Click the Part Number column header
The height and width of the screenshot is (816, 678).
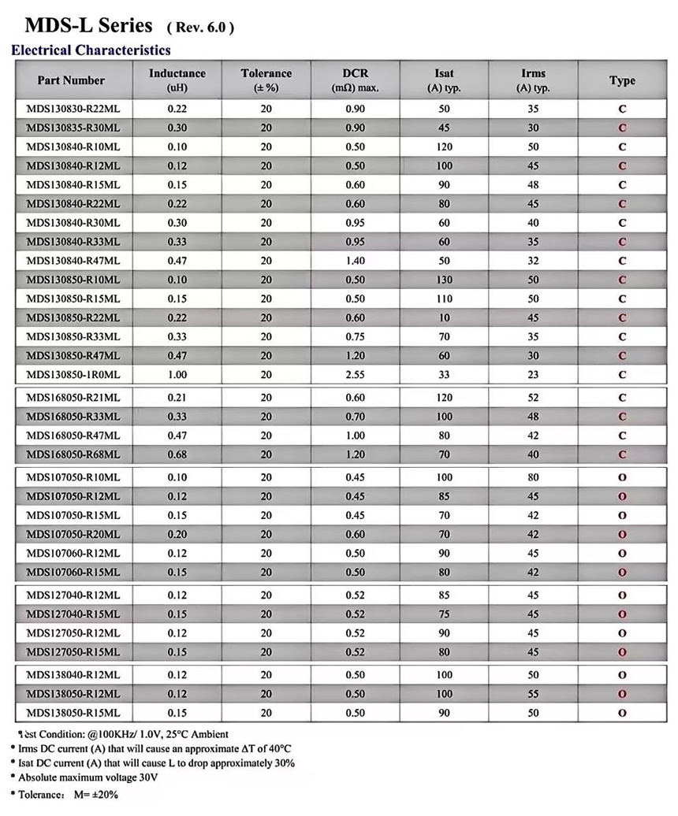pyautogui.click(x=71, y=80)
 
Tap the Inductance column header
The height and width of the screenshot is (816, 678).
pyautogui.click(x=177, y=80)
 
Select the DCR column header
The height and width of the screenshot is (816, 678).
pyautogui.click(x=355, y=80)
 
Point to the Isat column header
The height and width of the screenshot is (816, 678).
pyautogui.click(x=444, y=80)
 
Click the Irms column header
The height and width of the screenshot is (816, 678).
pyautogui.click(x=533, y=80)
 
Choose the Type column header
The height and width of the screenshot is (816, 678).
pyautogui.click(x=622, y=80)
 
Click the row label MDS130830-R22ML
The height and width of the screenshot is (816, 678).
pyautogui.click(x=73, y=109)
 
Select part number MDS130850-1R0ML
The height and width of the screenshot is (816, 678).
pyautogui.click(x=73, y=375)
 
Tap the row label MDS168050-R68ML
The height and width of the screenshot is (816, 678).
pyautogui.click(x=73, y=454)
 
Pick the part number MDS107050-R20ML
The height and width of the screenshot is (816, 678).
pyautogui.click(x=73, y=534)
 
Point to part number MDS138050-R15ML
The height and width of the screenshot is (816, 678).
pyautogui.click(x=73, y=713)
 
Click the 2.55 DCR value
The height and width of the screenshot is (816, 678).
pyautogui.click(x=355, y=375)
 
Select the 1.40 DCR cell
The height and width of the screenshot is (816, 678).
pyautogui.click(x=355, y=261)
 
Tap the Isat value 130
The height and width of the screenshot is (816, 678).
pyautogui.click(x=444, y=280)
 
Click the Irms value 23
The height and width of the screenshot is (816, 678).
pyautogui.click(x=533, y=375)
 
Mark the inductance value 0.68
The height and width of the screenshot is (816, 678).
pyautogui.click(x=177, y=454)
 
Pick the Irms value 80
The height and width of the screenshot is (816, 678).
pyautogui.click(x=533, y=477)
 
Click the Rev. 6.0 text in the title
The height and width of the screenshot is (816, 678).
pyautogui.click(x=200, y=28)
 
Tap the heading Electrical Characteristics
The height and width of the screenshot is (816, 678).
pyautogui.click(x=91, y=50)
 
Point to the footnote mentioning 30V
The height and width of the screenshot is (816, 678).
pyautogui.click(x=87, y=777)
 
